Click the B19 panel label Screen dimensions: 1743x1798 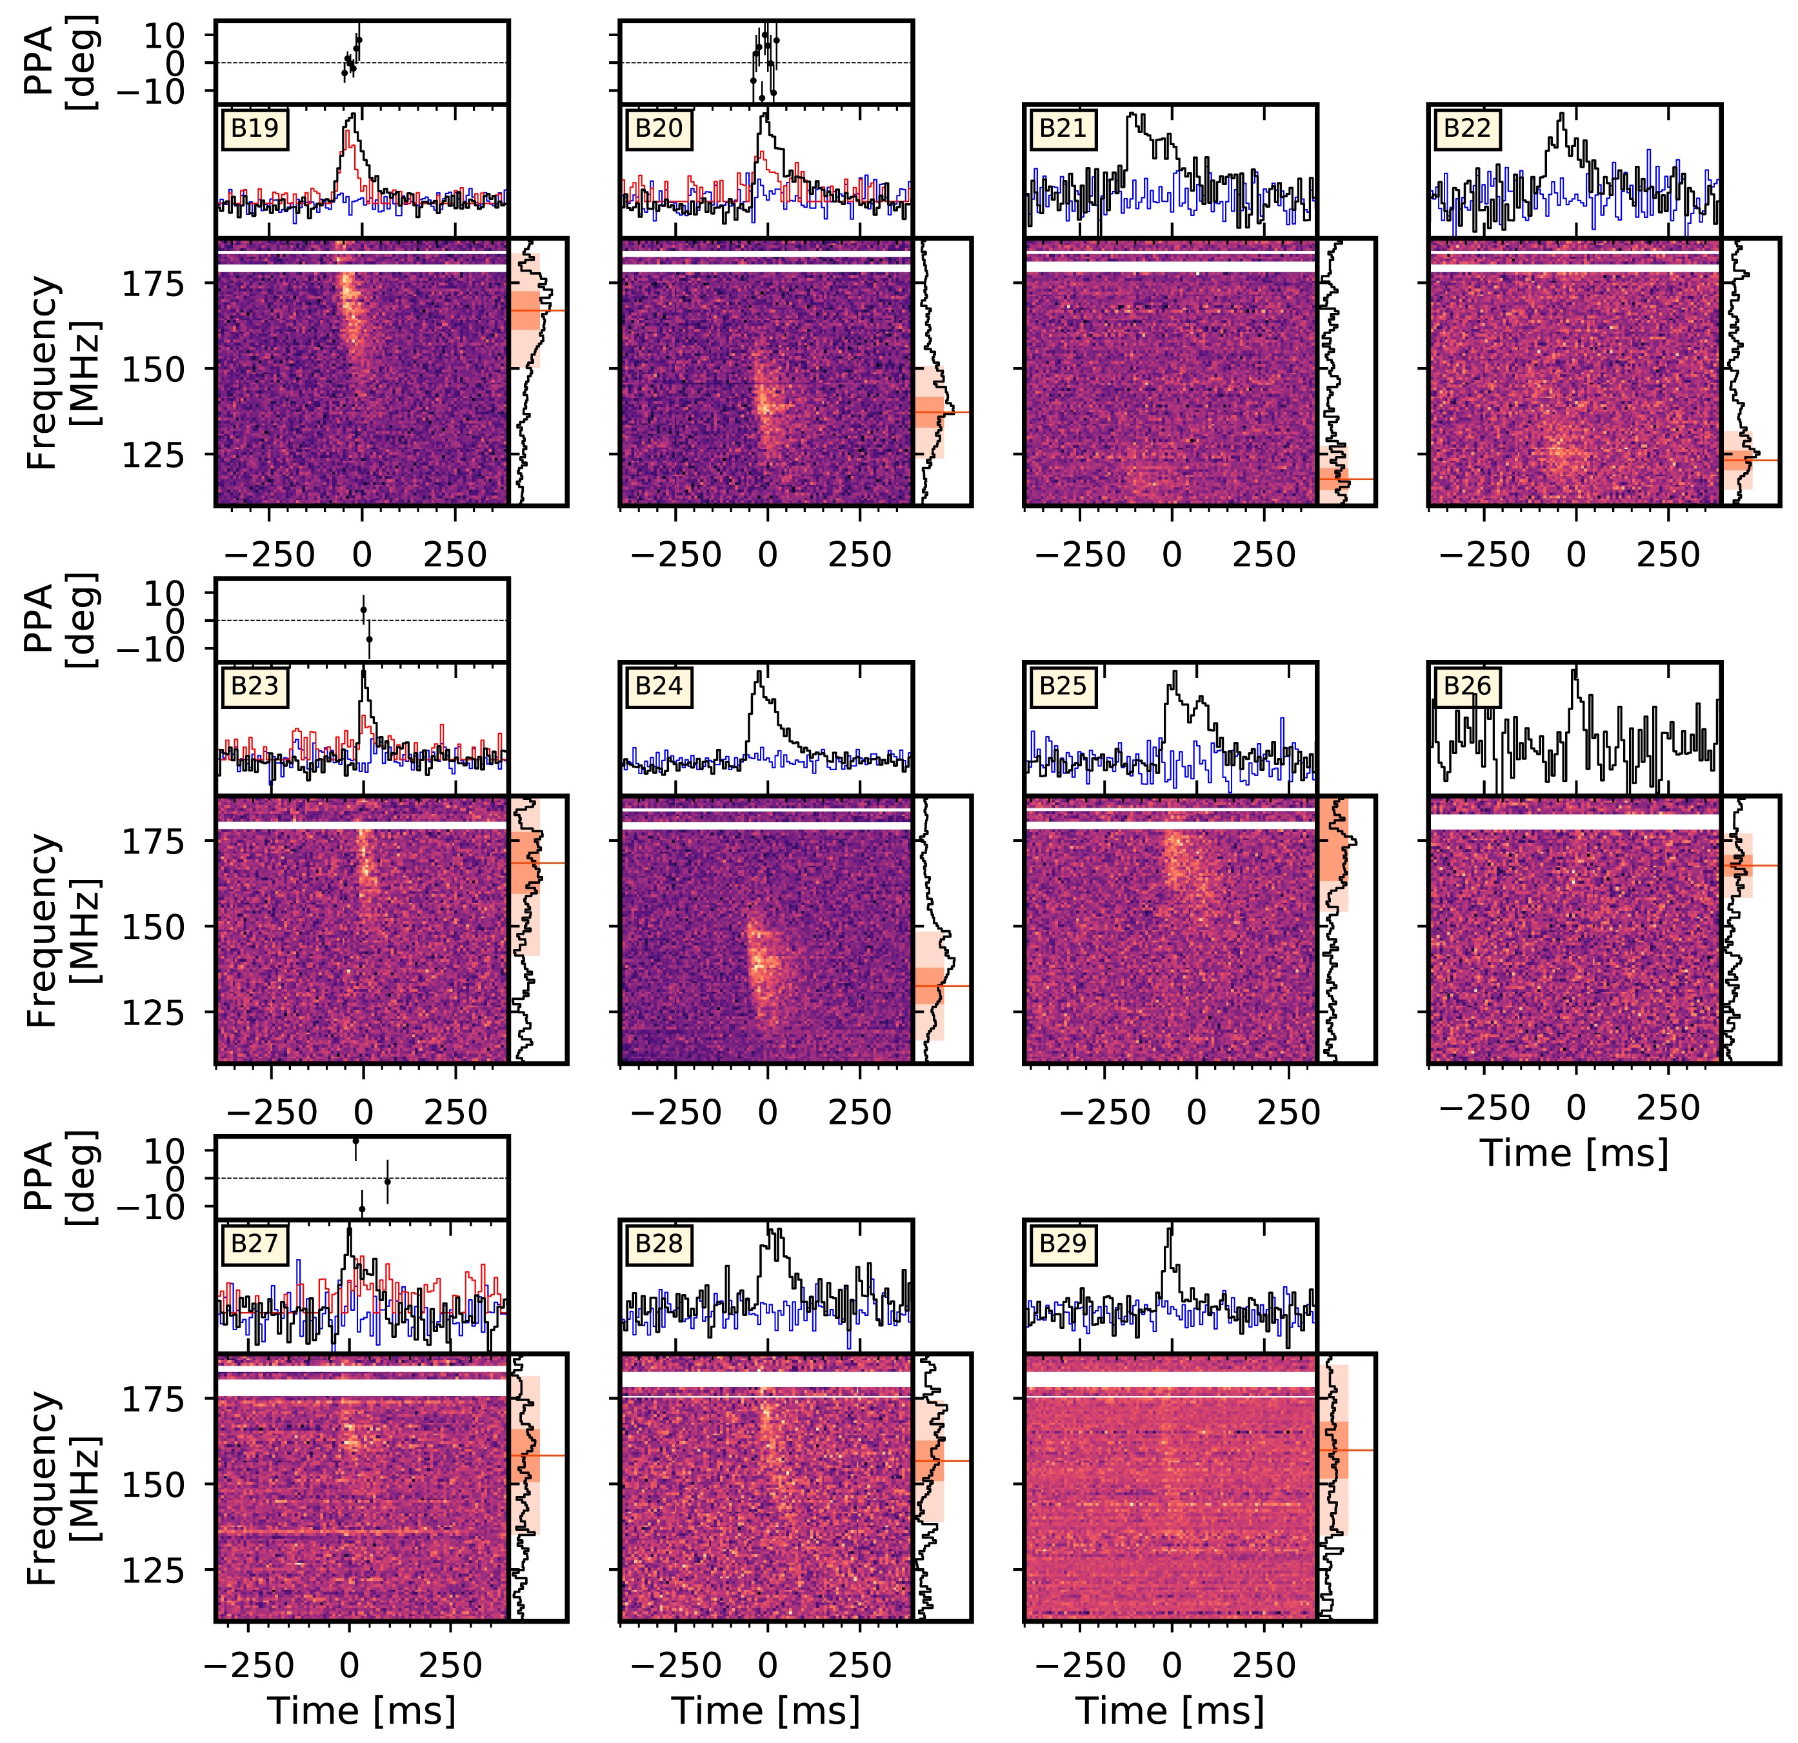tap(254, 128)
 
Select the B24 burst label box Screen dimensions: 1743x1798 tap(659, 686)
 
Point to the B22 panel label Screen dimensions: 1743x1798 tap(1467, 128)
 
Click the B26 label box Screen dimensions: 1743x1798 tap(1467, 686)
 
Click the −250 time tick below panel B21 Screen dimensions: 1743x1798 tap(1080, 555)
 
